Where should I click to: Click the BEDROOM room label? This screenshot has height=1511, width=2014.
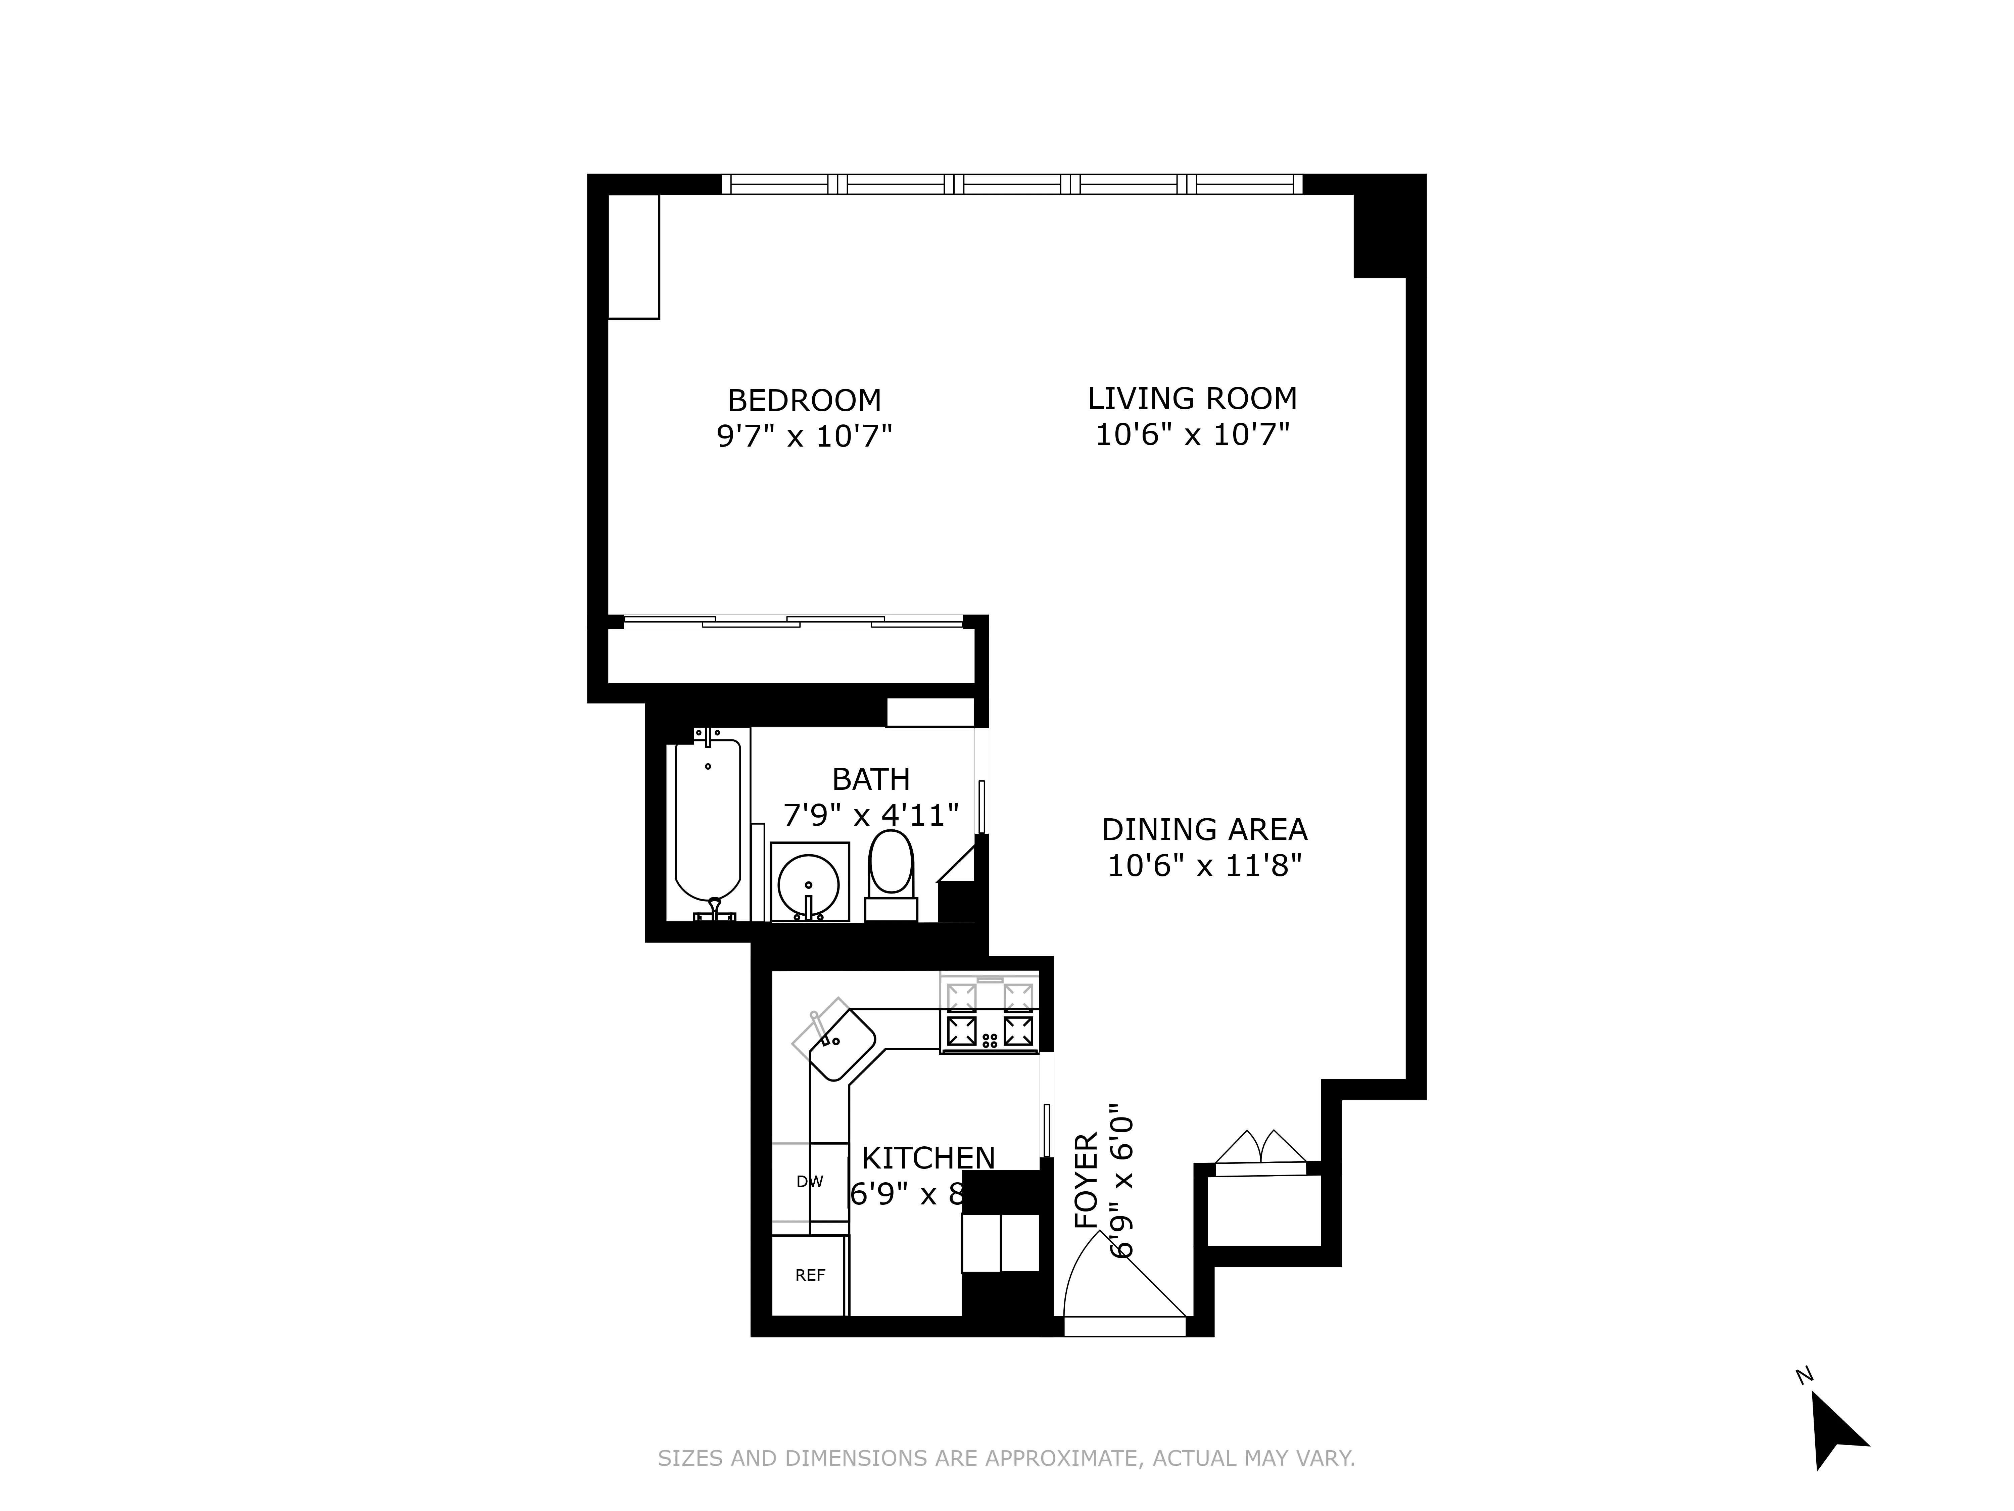(804, 401)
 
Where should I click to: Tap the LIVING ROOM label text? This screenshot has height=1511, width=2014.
(1192, 399)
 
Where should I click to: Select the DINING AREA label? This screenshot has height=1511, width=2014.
(1204, 830)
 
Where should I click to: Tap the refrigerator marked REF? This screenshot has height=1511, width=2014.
(809, 1275)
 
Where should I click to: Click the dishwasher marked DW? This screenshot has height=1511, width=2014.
(809, 1181)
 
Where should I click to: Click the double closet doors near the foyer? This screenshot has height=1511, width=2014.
(1261, 1149)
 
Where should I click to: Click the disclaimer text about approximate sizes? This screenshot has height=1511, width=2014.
(1006, 1458)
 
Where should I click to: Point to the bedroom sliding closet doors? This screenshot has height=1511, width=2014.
(792, 622)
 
